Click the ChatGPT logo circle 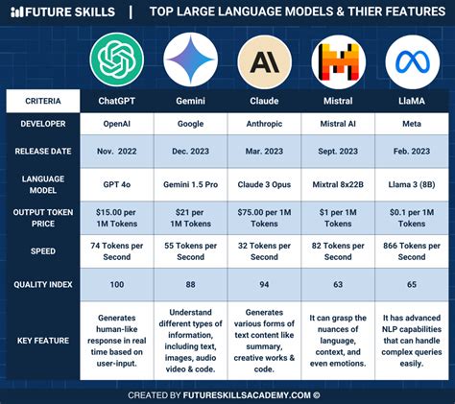(117, 59)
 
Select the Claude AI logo (264, 59)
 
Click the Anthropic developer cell (264, 124)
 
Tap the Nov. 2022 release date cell (117, 152)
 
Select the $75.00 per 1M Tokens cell (264, 217)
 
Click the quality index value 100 (117, 284)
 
